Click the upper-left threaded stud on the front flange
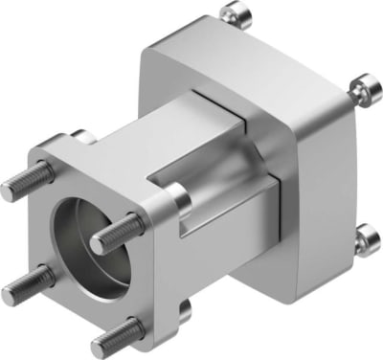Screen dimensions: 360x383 (25, 182)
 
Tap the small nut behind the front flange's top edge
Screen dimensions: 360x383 (82, 138)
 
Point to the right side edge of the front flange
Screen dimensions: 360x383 (171, 259)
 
